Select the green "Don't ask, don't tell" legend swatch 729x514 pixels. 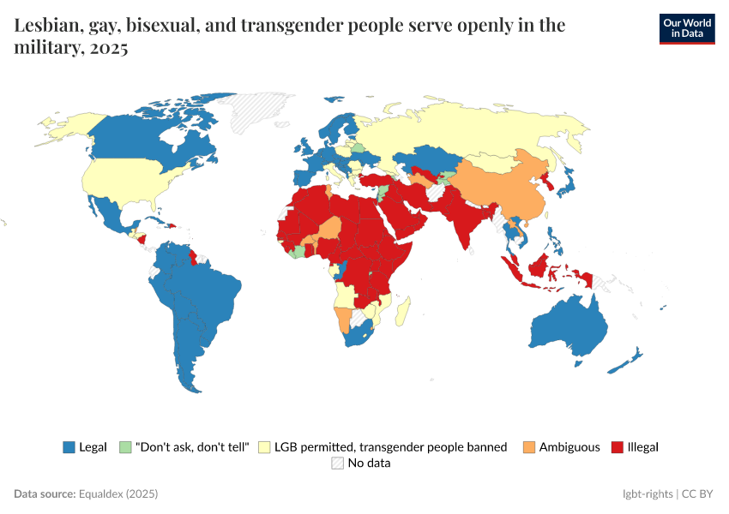click(125, 447)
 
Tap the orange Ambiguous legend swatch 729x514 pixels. click(528, 447)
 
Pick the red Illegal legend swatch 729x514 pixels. click(617, 447)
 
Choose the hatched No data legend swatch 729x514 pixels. click(337, 463)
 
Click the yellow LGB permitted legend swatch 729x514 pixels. click(264, 447)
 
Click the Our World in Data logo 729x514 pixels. click(686, 28)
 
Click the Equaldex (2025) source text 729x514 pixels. click(118, 494)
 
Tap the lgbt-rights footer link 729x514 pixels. click(648, 494)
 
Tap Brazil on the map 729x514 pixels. click(210, 291)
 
